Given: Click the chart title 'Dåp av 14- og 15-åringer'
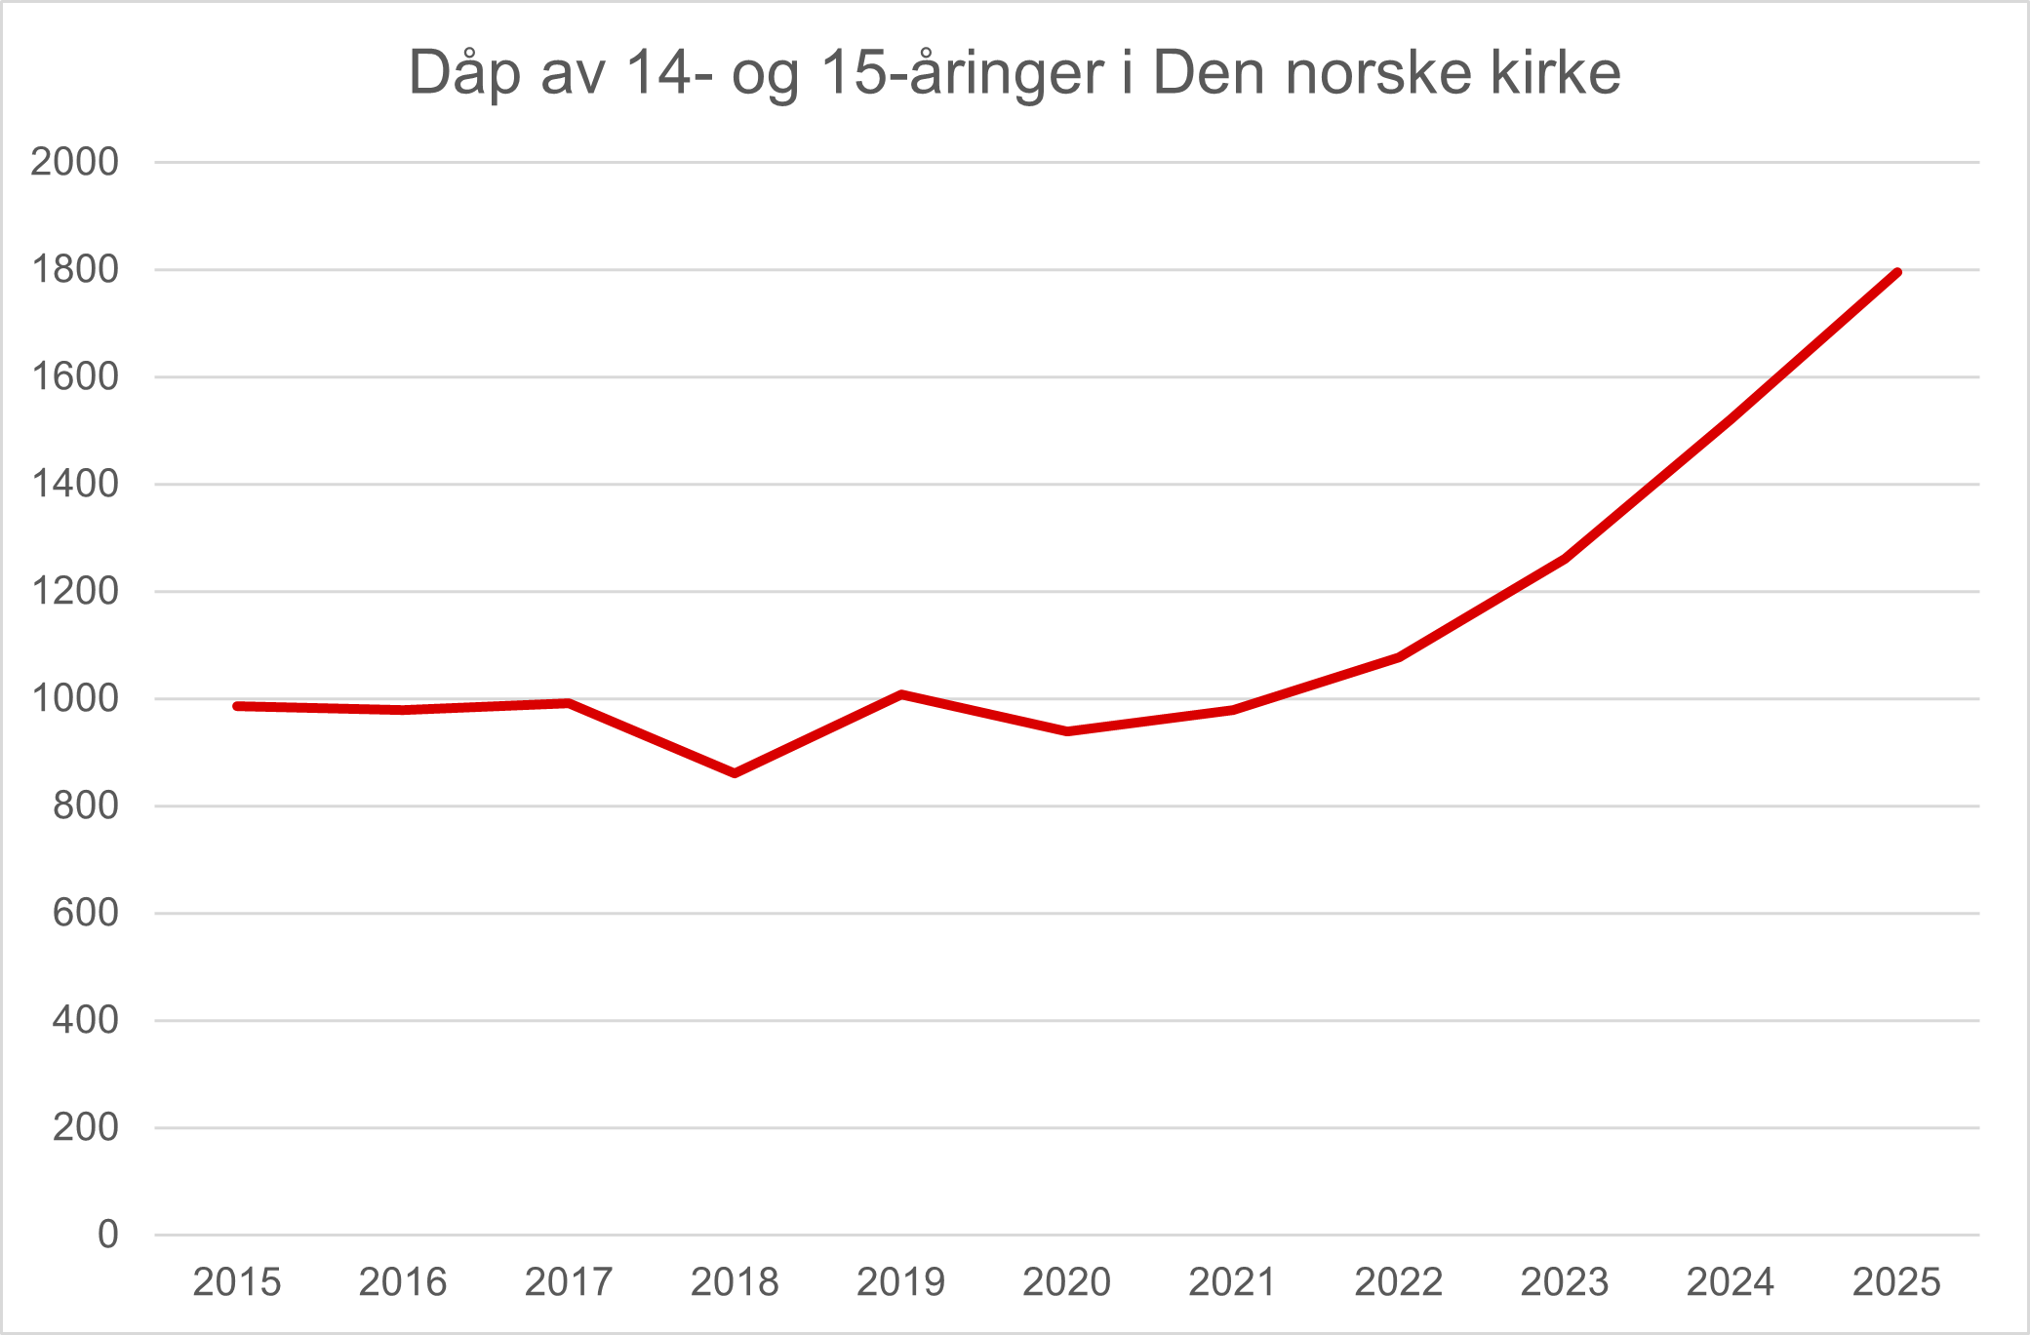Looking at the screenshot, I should coord(1015,73).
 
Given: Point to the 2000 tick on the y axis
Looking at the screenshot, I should coord(74,162).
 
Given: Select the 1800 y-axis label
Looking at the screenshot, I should coord(74,269).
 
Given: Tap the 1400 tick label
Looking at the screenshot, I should coord(74,484).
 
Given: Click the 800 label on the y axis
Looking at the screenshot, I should coord(85,805).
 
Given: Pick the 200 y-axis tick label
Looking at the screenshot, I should coord(85,1127).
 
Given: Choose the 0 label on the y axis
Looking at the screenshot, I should coord(107,1235).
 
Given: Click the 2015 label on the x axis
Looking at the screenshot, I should coord(237,1282).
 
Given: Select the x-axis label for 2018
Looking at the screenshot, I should coord(735,1282).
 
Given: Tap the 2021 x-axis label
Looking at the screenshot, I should coord(1232,1282).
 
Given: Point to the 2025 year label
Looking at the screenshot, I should coord(1896,1282).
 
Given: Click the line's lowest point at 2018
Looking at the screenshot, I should coord(735,773).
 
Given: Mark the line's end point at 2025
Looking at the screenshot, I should coord(1896,272).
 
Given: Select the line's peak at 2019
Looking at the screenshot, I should coord(901,694).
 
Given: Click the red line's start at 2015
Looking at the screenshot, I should coord(237,705).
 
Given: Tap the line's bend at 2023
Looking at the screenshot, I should coord(1565,559).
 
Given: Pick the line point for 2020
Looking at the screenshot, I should coord(1067,731).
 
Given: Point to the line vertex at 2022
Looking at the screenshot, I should coord(1399,657).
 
